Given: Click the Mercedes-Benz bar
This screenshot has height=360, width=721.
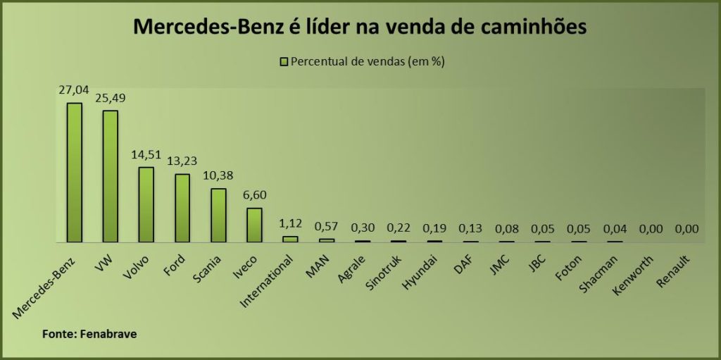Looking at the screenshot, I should [x=74, y=173].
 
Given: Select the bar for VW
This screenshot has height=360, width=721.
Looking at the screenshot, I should [x=110, y=176].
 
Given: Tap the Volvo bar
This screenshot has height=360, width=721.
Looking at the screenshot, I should [x=146, y=204].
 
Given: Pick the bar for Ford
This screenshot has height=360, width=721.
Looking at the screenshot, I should [x=182, y=208].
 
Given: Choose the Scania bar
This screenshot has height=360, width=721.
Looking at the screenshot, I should [x=218, y=215].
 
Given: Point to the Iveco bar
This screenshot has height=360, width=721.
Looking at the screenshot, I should [x=254, y=225].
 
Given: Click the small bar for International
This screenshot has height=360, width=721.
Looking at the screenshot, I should [x=290, y=239].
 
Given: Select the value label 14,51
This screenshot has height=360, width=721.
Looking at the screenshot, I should [x=146, y=154].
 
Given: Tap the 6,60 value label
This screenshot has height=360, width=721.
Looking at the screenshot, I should [x=254, y=195].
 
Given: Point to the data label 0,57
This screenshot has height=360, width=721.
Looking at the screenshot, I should [x=326, y=226].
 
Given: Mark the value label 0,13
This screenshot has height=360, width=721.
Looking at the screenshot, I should [x=470, y=228].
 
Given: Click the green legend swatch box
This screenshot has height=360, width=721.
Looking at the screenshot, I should [x=284, y=61].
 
